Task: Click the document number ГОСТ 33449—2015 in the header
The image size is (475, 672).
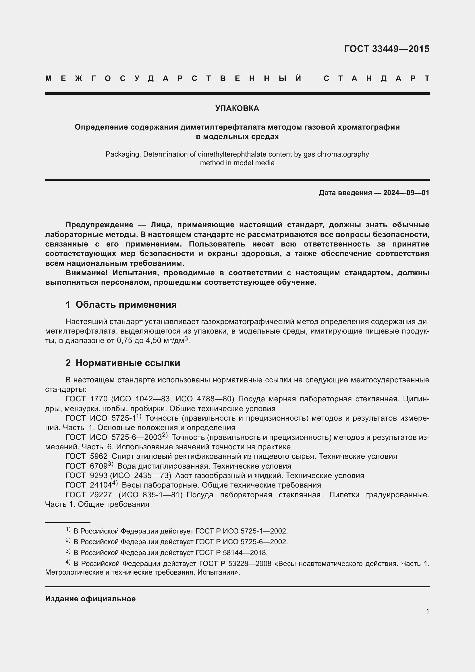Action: tap(386, 49)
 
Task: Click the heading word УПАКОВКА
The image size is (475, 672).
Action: tap(237, 108)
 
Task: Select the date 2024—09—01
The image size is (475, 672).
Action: tap(406, 192)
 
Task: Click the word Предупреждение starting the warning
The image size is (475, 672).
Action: tap(99, 225)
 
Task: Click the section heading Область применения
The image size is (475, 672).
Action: tap(126, 305)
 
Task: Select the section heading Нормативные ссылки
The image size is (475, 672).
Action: tap(128, 363)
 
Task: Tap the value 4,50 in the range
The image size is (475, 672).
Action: tap(154, 341)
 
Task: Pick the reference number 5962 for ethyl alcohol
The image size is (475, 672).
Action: tap(99, 456)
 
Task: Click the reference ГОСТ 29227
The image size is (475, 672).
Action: tap(89, 495)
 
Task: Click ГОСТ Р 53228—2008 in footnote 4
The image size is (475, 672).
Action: tap(235, 564)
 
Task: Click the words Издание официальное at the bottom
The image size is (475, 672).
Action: tap(90, 599)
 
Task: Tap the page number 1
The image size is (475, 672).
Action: tap(427, 611)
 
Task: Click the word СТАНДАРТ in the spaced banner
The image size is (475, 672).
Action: tap(376, 78)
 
